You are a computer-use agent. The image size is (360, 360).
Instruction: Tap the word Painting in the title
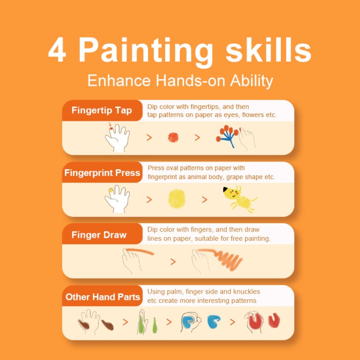(x=146, y=50)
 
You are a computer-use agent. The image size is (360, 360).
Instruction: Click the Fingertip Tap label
(x=101, y=111)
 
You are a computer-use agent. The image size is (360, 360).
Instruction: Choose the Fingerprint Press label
(x=102, y=173)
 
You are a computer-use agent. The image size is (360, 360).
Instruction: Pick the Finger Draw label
(x=99, y=236)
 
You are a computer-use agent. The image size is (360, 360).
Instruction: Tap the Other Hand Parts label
(x=103, y=297)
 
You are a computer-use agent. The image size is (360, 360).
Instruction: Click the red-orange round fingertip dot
(x=173, y=137)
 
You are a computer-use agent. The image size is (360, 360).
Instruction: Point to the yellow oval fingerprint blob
(x=176, y=199)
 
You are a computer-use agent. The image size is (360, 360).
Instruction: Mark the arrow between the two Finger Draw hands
(x=173, y=262)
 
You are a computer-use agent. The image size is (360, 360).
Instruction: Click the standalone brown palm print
(x=107, y=325)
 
